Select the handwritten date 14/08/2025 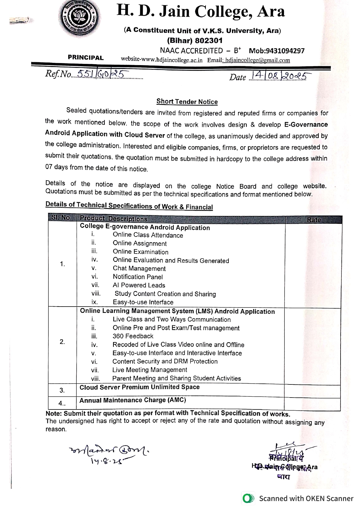coord(278,76)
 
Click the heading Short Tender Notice coord(187,101)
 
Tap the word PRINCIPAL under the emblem coord(86,58)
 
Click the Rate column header coord(314,220)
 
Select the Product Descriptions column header coord(114,219)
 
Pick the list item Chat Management coord(139,269)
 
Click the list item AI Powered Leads coord(139,285)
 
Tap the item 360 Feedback coord(133,336)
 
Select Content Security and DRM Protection coord(165,362)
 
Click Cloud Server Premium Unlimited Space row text coord(139,387)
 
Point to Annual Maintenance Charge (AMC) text coord(133,400)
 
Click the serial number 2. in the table coord(62,342)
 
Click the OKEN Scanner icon coord(248,499)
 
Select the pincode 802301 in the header coord(209,40)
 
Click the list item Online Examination coord(141,252)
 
